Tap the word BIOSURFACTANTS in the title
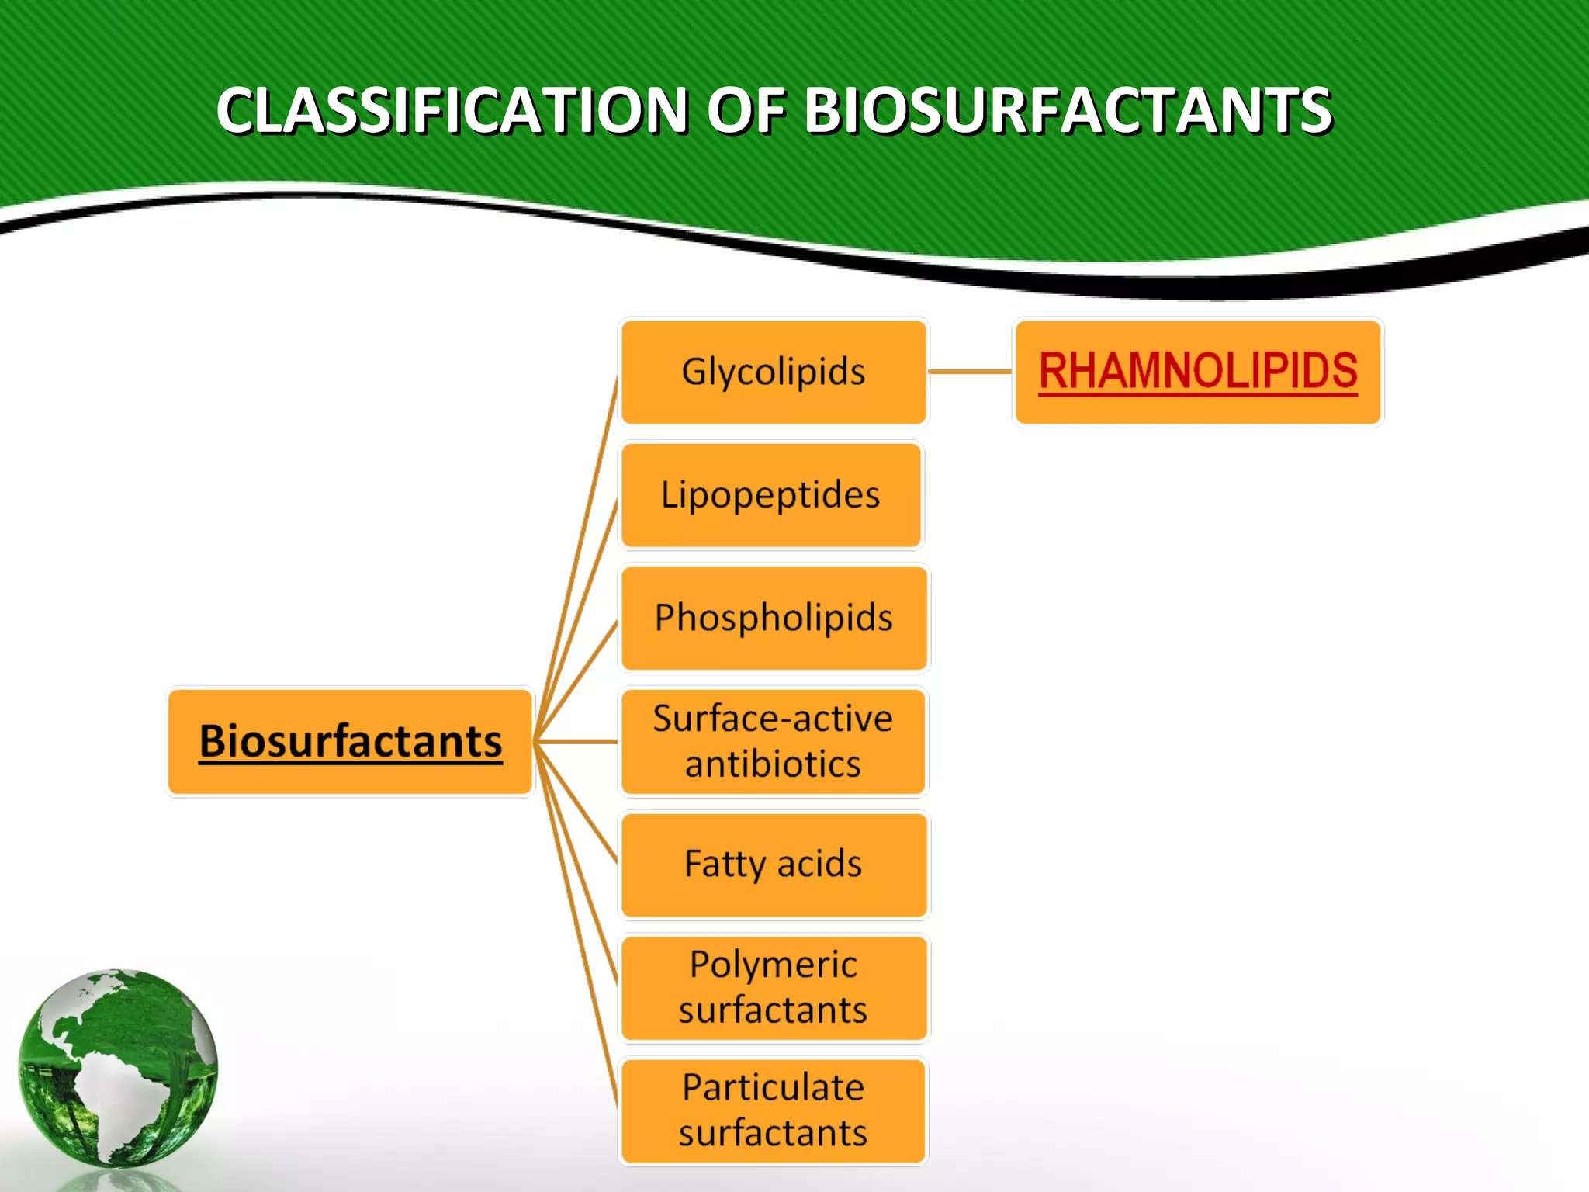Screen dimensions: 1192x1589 coord(1068,110)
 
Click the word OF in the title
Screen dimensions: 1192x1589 coord(746,110)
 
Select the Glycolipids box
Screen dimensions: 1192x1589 coord(774,372)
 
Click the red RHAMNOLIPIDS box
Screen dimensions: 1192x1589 coord(1198,372)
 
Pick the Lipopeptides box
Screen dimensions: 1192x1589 coord(771,495)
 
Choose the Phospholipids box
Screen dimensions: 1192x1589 coord(774,618)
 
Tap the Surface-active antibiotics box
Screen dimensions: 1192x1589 coord(774,741)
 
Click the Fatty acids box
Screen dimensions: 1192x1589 coord(774,864)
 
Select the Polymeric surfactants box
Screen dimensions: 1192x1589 coord(774,987)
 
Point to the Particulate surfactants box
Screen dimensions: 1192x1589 coord(774,1111)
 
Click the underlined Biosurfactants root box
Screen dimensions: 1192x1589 coord(351,741)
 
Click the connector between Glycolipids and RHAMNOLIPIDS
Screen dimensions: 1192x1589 coord(970,372)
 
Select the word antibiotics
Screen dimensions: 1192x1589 coord(773,764)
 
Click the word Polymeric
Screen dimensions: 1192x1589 coord(774,965)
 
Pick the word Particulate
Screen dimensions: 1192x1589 coord(774,1087)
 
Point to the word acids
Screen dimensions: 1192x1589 coord(819,864)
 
